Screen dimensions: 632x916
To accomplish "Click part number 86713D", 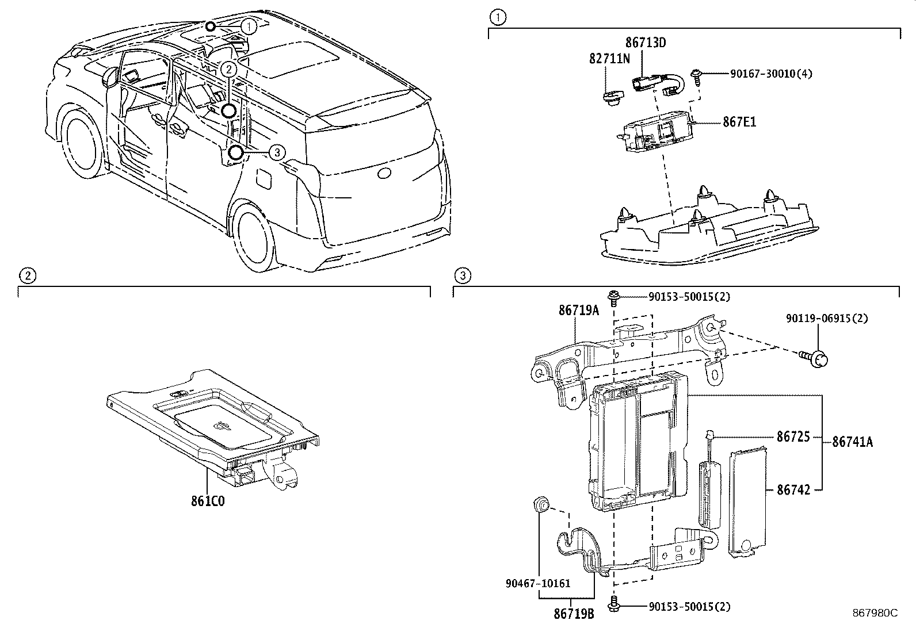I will pyautogui.click(x=646, y=43).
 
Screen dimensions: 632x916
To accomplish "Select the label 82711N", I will pyautogui.click(x=609, y=59).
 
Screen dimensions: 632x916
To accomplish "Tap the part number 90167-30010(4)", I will pyautogui.click(x=771, y=74).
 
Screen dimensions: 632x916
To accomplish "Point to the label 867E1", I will pyautogui.click(x=739, y=122).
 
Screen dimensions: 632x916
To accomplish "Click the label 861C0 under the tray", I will pyautogui.click(x=208, y=501).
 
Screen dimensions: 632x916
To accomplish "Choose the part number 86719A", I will pyautogui.click(x=578, y=311).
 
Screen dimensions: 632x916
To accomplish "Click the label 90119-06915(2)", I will pyautogui.click(x=827, y=318).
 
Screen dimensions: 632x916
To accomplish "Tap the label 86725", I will pyautogui.click(x=793, y=437).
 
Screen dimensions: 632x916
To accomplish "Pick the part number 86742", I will pyautogui.click(x=793, y=489).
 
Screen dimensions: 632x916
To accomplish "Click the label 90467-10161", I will pyautogui.click(x=539, y=583).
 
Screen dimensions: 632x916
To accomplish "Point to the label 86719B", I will pyautogui.click(x=574, y=614).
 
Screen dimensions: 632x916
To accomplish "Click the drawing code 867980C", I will pyautogui.click(x=875, y=613).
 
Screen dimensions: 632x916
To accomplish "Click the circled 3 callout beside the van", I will pyautogui.click(x=277, y=152).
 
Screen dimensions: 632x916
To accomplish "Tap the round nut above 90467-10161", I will pyautogui.click(x=541, y=504).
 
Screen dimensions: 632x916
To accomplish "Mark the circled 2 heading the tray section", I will pyautogui.click(x=28, y=276).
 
